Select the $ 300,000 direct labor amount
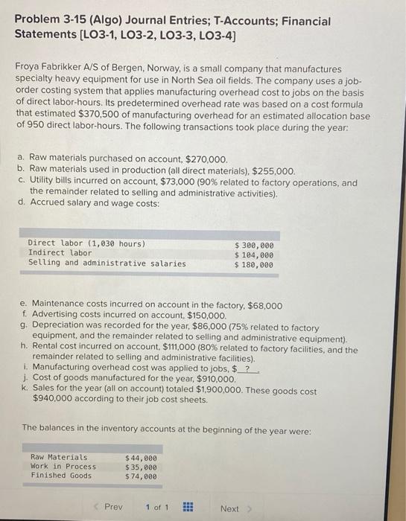coord(254,244)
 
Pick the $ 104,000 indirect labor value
coord(254,254)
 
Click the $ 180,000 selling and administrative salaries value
coord(254,263)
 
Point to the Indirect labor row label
coord(60,254)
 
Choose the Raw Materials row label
coord(59,457)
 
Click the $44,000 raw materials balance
coord(141,457)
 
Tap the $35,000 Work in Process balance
coord(141,467)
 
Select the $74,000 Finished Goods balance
coord(141,476)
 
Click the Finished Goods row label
coord(61,476)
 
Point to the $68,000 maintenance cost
coord(265,305)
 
